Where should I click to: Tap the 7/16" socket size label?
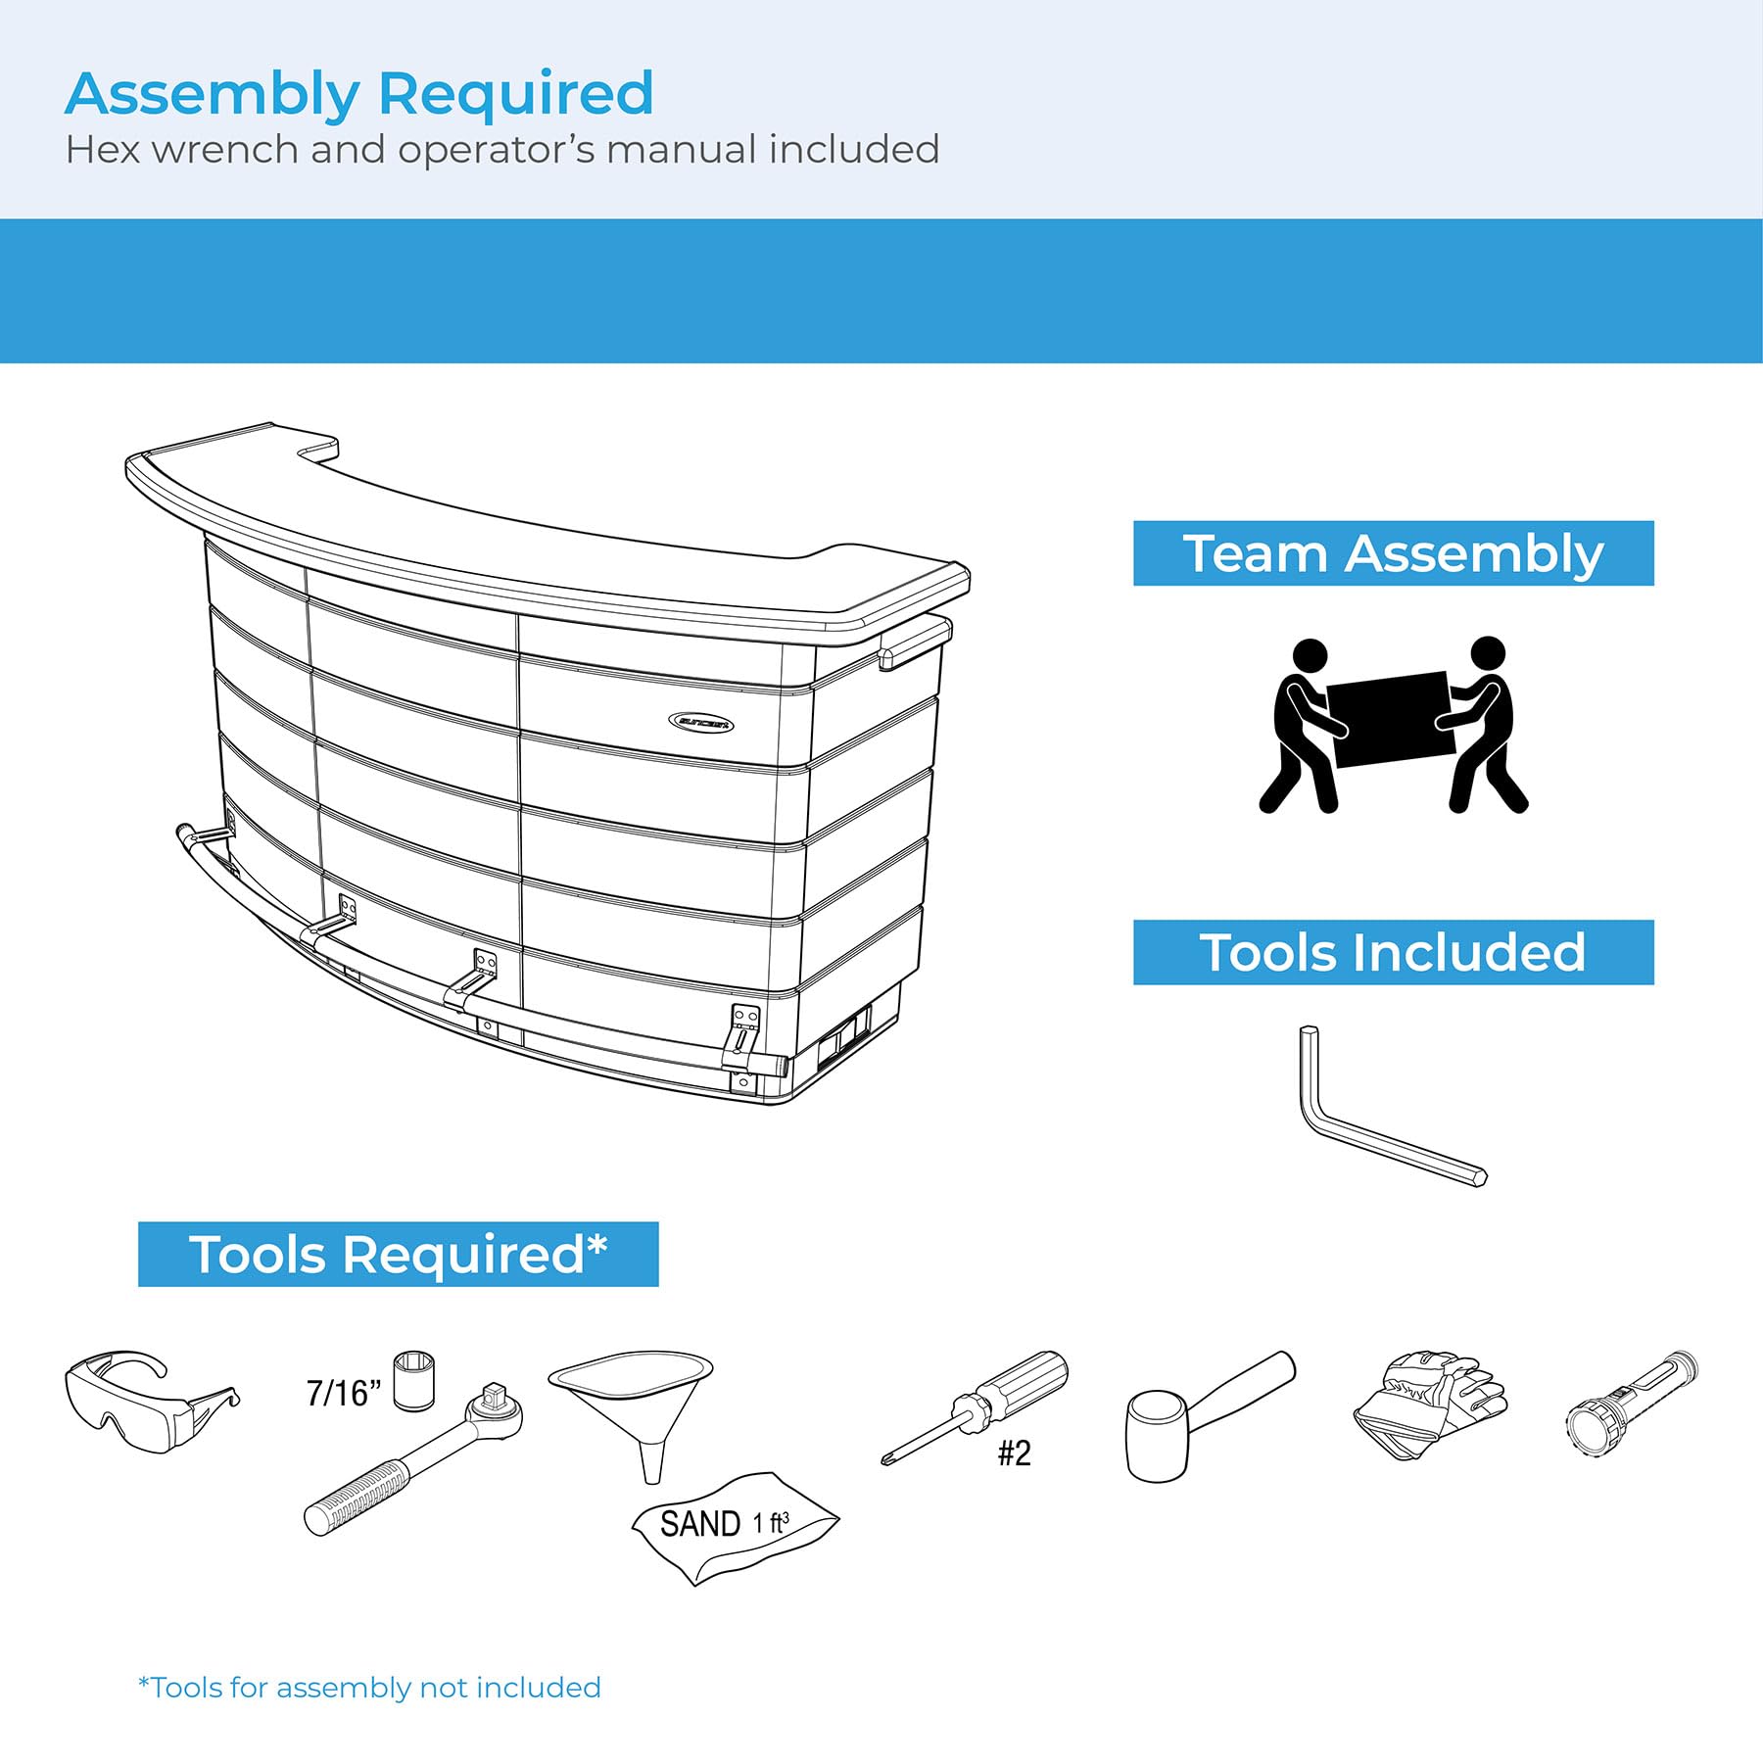[343, 1393]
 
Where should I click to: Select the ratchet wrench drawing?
[413, 1456]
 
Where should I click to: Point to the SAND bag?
[735, 1526]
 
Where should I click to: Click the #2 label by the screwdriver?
[1014, 1453]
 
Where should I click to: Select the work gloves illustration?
[1430, 1405]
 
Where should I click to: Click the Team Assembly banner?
[1393, 553]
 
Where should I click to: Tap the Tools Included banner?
[1393, 952]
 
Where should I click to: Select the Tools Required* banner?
[398, 1254]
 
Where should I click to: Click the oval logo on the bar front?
[701, 724]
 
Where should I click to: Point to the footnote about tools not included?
[369, 1688]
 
